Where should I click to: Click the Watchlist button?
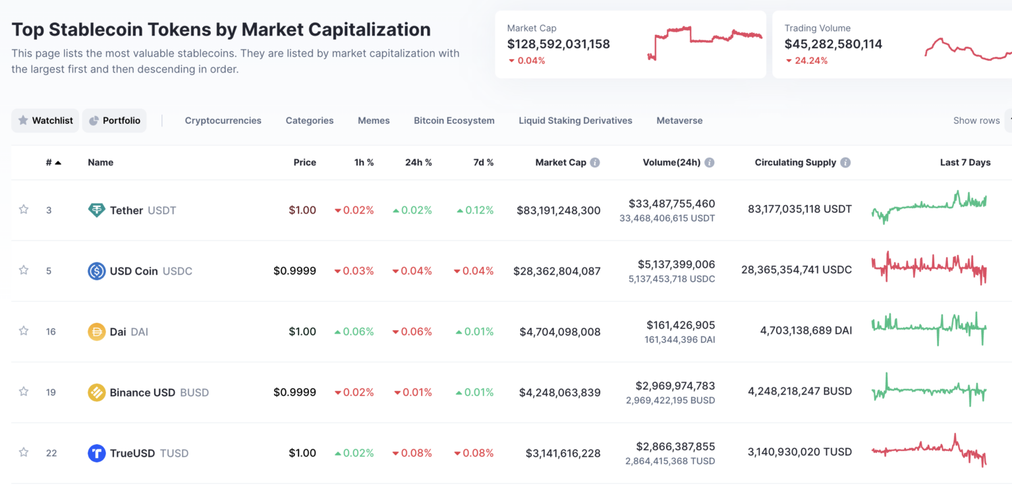point(45,121)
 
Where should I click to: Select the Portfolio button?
point(115,121)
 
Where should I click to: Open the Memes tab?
point(374,121)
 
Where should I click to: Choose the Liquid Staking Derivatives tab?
point(575,121)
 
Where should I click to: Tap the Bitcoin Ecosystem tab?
point(454,121)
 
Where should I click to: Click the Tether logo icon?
point(97,210)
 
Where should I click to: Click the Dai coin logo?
point(97,332)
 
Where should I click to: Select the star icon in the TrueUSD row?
point(24,452)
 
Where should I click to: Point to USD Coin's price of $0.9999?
point(295,271)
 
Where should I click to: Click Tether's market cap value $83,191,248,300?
point(558,210)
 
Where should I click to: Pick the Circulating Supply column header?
point(795,162)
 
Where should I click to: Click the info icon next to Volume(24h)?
point(710,162)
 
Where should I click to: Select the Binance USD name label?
point(142,392)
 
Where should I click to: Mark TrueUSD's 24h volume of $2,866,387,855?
point(675,446)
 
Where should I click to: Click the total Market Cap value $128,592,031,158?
point(558,44)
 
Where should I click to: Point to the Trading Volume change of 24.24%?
point(810,61)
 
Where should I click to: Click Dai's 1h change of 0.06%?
point(354,332)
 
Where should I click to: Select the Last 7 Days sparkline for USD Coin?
point(929,268)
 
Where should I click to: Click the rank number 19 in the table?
point(51,392)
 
